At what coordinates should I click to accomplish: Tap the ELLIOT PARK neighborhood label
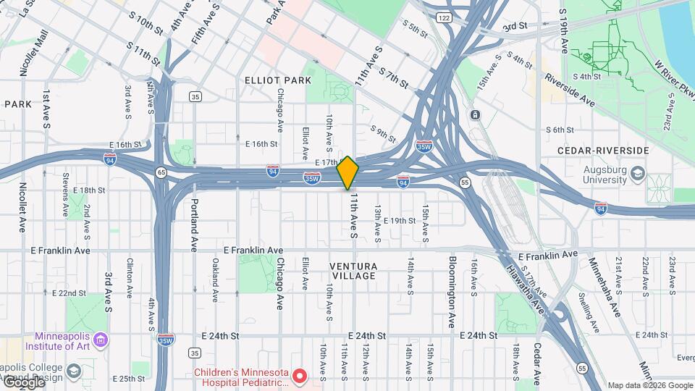277,80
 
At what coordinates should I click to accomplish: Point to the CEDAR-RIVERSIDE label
602,150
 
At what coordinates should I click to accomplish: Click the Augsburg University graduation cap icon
637,174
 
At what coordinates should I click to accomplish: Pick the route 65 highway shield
160,172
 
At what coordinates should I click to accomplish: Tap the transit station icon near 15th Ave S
475,115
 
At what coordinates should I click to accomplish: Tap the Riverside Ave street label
570,91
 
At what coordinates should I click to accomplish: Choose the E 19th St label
400,221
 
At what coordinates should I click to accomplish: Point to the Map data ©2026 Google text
649,385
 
